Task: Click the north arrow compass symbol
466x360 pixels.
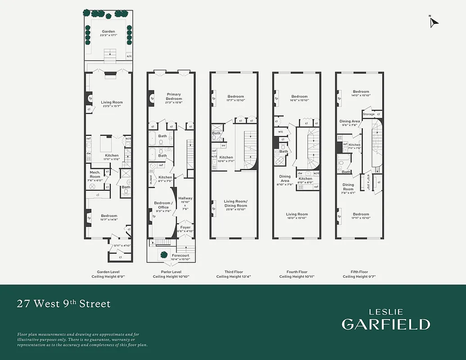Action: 434,22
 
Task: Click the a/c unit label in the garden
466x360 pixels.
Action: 129,56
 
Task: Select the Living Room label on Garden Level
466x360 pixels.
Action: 112,103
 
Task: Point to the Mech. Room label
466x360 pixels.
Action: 95,172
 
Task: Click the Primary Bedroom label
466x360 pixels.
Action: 173,97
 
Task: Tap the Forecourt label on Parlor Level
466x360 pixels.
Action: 180,256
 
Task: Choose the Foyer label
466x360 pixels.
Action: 185,227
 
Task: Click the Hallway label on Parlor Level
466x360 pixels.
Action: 185,198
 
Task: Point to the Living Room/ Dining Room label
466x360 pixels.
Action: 236,203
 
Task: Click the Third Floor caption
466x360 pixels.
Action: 233,272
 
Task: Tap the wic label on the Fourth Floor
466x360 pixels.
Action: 281,132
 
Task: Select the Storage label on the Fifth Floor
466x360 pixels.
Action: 369,114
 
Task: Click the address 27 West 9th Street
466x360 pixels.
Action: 63,304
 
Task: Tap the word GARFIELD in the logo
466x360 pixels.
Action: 385,324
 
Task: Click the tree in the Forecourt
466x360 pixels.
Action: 163,254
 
